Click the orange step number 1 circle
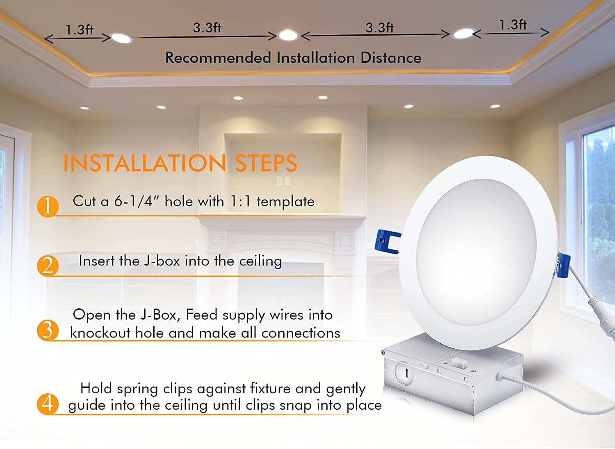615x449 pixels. coord(48,206)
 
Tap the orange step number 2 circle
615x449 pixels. coord(48,265)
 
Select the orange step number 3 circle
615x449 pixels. coord(48,330)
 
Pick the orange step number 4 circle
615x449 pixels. coord(48,403)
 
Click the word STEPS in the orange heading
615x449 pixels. coord(266,163)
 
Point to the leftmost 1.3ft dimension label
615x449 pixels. coord(80,30)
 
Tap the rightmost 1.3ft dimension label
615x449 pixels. coord(512,25)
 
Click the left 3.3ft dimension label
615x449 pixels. coord(207,28)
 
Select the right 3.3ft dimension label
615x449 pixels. coord(380,28)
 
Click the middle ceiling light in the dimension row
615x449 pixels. coord(288,36)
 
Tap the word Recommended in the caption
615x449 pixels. coord(218,58)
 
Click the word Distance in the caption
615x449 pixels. coord(391,58)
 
